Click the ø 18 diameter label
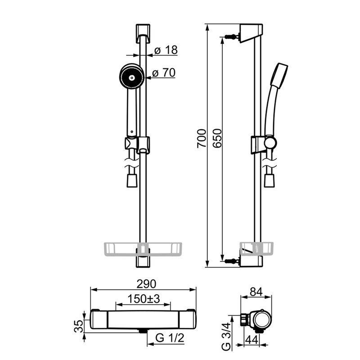(166, 50)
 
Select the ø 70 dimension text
(164, 73)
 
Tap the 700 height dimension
(202, 139)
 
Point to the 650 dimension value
(217, 139)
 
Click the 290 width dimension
(146, 284)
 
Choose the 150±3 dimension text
(144, 299)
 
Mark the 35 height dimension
(79, 326)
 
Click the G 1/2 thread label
(170, 338)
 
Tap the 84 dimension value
(256, 292)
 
